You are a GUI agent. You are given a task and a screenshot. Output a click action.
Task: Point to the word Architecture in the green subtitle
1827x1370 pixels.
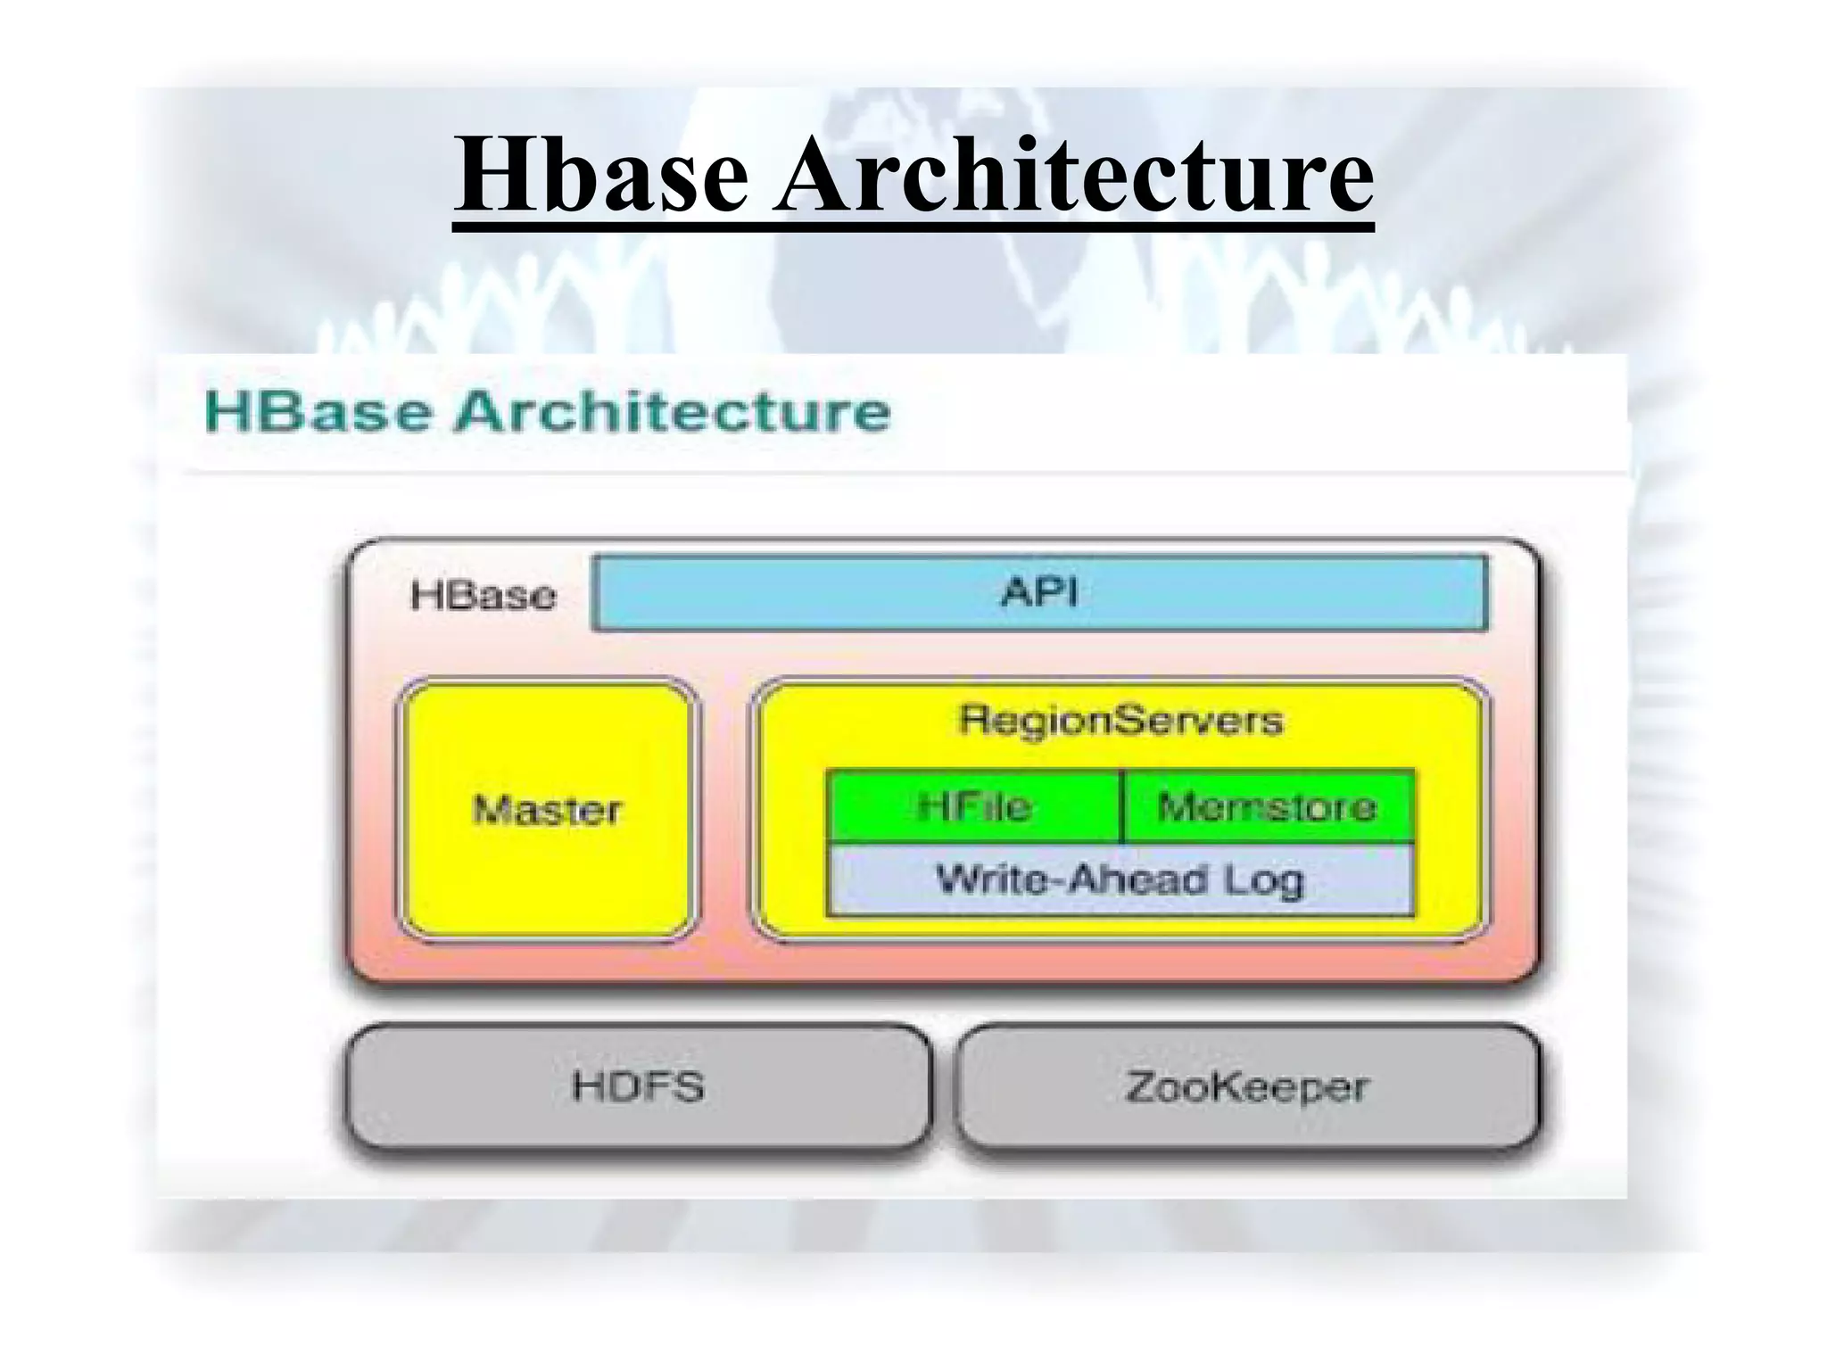pos(673,411)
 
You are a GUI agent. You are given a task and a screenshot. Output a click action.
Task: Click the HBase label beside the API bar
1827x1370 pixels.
pos(483,595)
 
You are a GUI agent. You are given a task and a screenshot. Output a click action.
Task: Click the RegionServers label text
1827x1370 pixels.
pos(1120,720)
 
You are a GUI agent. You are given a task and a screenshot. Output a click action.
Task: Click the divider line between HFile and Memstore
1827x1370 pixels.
pos(1122,807)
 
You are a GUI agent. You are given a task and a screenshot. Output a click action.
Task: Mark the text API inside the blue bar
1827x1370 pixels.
pos(1039,592)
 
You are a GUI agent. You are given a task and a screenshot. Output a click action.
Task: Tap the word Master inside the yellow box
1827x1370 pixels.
pos(547,810)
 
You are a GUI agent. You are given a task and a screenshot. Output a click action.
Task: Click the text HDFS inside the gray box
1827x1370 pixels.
pos(638,1086)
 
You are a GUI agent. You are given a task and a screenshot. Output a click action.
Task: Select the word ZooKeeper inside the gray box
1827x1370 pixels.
pos(1246,1087)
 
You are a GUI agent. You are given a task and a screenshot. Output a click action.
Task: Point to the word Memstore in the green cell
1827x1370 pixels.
pos(1267,807)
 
